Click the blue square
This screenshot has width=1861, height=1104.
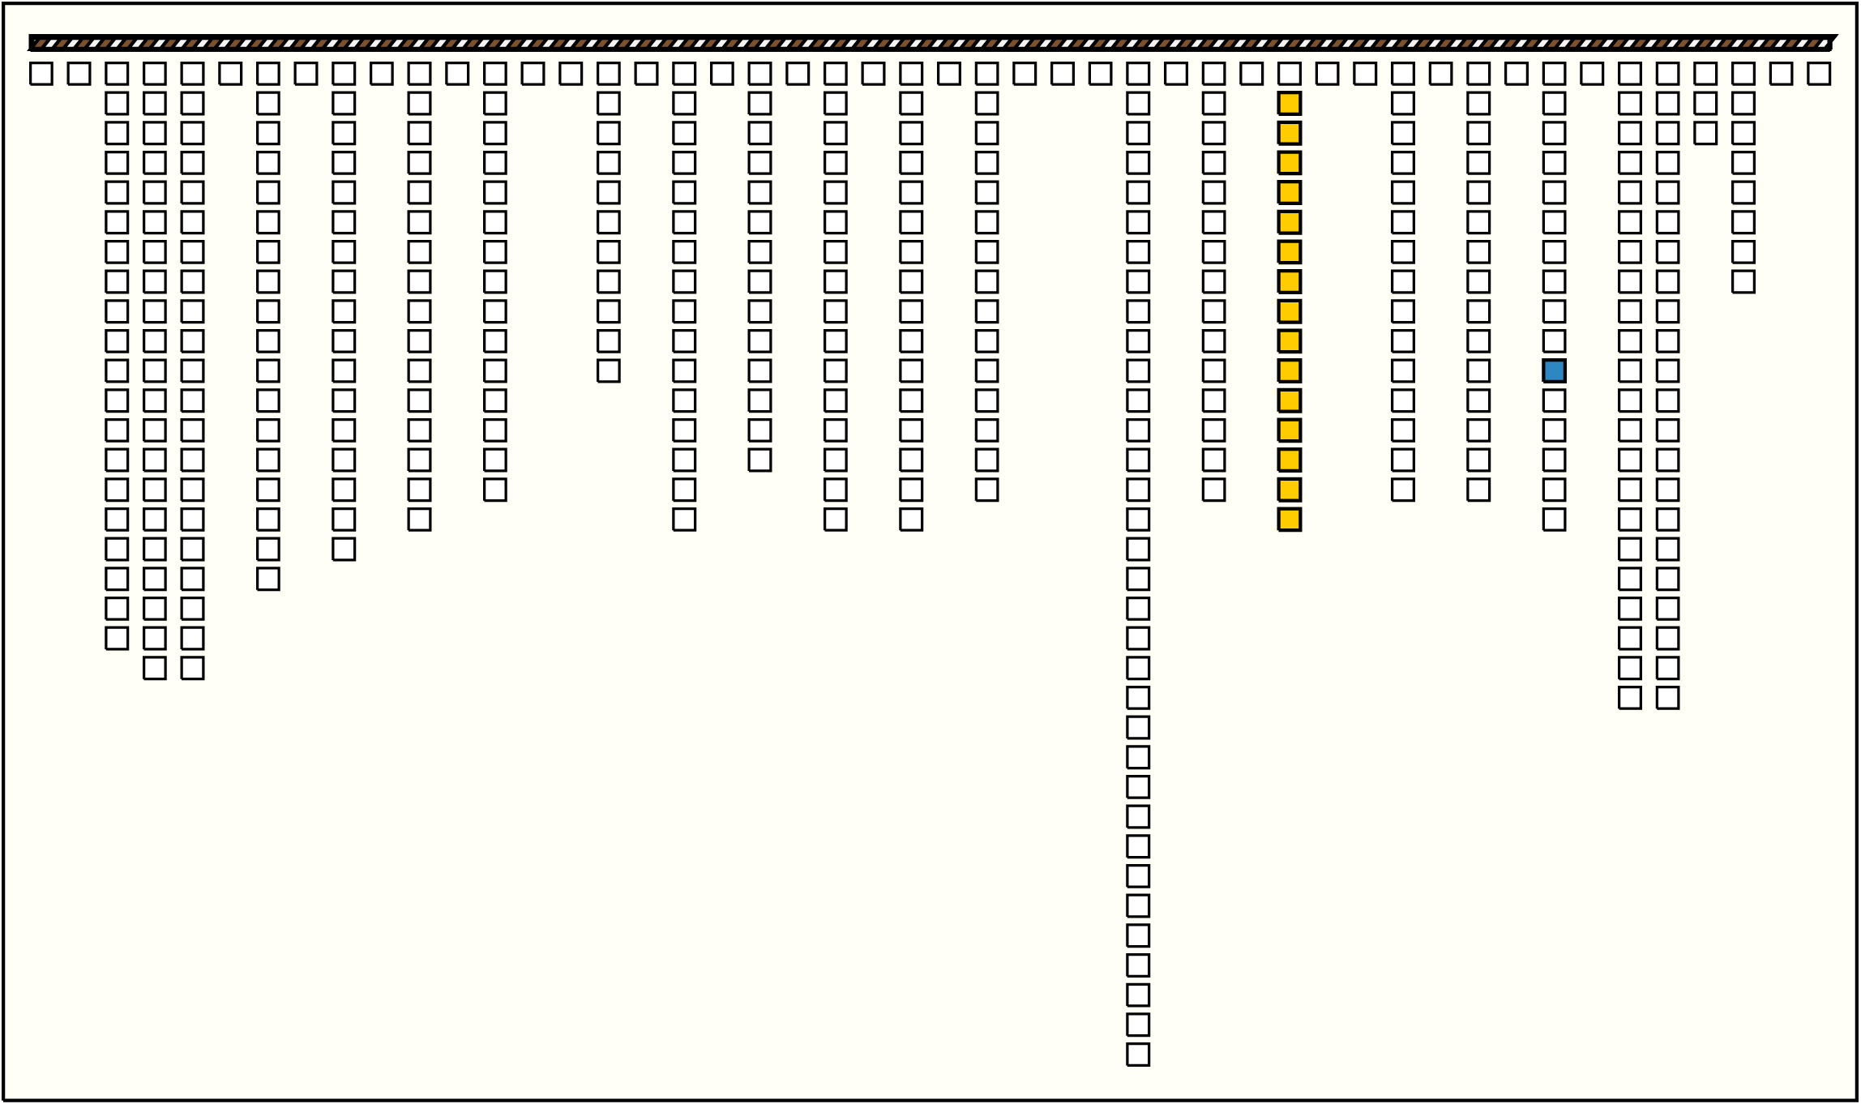(1554, 371)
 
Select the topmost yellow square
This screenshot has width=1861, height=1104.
(1290, 104)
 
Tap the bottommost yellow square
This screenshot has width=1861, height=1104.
(1290, 520)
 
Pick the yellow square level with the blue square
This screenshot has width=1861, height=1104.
(1290, 371)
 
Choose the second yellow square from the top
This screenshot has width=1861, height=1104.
(1290, 133)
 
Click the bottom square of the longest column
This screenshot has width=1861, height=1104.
(1138, 1055)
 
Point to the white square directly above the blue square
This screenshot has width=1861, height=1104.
(1554, 341)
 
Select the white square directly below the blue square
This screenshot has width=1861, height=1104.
(1554, 400)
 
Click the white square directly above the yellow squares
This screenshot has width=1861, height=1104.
(1290, 74)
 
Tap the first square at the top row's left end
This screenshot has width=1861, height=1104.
(41, 74)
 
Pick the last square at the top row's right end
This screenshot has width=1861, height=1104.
(1819, 74)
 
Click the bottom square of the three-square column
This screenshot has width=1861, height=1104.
(1705, 133)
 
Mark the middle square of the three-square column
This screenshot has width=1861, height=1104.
(1705, 104)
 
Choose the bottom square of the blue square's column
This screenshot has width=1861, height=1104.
(1554, 520)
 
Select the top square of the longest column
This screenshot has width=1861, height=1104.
(1138, 74)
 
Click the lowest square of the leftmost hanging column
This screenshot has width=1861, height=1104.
(117, 639)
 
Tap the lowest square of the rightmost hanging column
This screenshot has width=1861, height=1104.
(1743, 282)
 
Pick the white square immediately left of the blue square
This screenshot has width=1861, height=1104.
(1478, 371)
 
